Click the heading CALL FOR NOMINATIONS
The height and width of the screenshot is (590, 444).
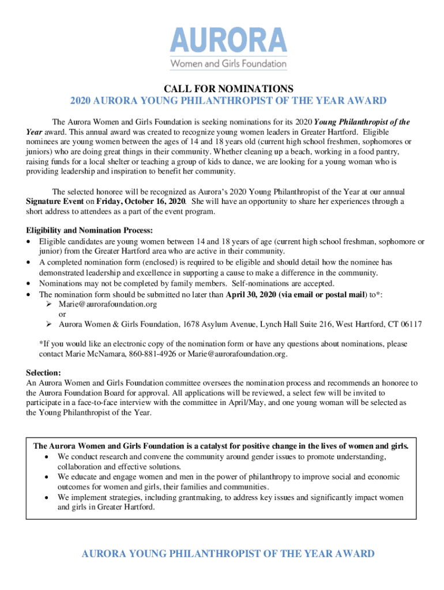click(x=228, y=89)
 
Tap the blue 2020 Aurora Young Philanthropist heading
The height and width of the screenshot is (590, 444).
click(x=228, y=101)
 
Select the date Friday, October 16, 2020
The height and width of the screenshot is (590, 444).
click(x=141, y=202)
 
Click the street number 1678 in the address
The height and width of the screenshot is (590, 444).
click(x=191, y=324)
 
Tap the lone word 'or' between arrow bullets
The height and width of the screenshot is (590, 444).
click(x=62, y=314)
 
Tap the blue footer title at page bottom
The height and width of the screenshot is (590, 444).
click(x=228, y=554)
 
